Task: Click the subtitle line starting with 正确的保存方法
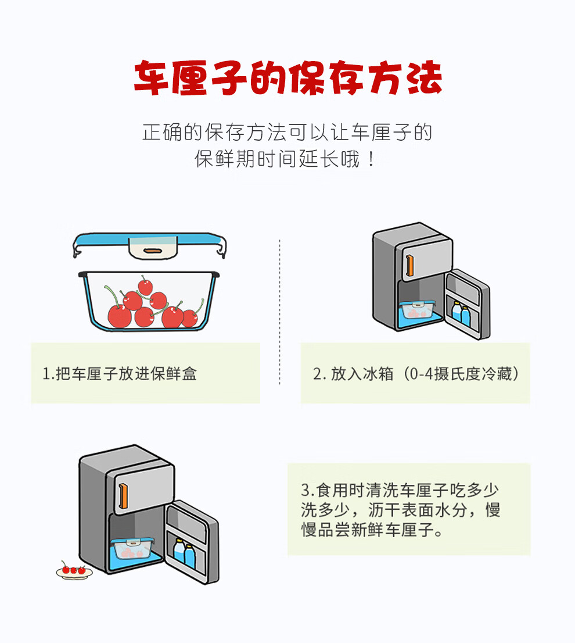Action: tap(287, 132)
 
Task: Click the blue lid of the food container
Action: tap(149, 240)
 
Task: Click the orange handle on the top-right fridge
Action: tap(410, 265)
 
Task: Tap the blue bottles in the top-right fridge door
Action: tap(461, 314)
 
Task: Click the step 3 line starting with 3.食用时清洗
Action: tap(400, 490)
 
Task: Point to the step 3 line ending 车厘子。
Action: tap(372, 531)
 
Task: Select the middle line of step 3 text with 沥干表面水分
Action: tap(400, 510)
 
